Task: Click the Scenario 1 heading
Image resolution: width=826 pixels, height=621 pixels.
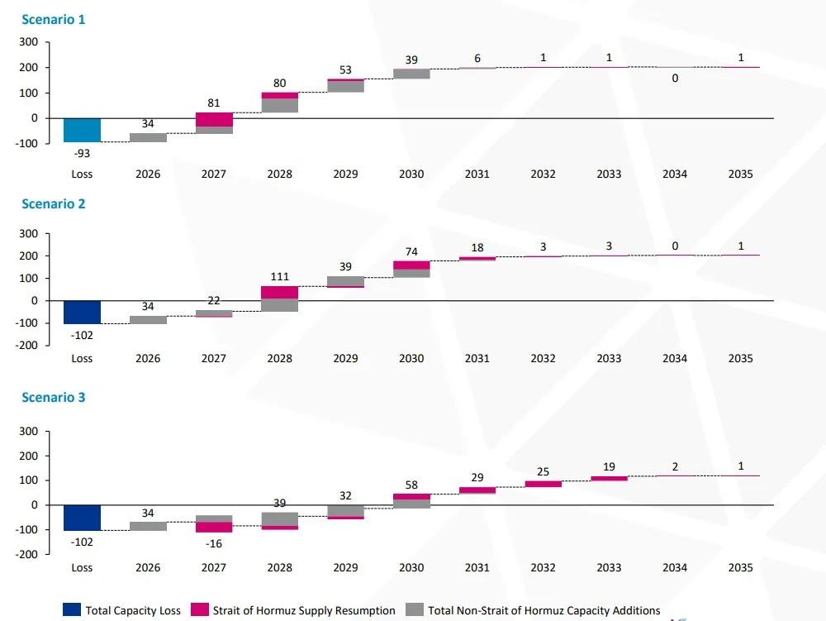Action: coord(53,20)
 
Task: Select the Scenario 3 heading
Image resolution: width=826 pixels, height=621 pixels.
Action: coord(53,397)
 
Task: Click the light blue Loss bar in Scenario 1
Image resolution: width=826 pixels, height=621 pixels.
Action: coord(82,130)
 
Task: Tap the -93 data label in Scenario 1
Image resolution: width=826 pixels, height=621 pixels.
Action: coord(82,153)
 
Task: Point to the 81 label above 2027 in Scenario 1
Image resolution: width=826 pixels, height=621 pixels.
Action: coord(214,103)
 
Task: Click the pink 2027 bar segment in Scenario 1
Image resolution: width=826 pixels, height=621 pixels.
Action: coord(214,120)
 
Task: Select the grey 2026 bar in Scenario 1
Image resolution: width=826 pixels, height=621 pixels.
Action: coord(148,137)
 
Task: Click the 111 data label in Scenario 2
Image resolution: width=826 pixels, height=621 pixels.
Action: coord(279,276)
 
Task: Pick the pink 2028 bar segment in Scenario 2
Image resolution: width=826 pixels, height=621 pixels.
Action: coord(279,293)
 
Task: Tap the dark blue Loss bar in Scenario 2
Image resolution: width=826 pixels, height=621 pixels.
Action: coord(82,312)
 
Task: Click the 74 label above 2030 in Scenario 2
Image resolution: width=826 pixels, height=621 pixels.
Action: coord(411,251)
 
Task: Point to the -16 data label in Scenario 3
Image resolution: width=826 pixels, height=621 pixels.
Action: coord(214,543)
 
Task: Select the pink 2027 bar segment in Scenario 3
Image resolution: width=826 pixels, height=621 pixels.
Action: coord(214,527)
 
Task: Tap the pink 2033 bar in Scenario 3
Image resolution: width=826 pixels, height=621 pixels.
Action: coord(609,478)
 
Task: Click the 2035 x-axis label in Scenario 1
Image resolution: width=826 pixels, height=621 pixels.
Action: coord(740,174)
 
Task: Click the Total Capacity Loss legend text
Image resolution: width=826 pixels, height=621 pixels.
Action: coord(132,611)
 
